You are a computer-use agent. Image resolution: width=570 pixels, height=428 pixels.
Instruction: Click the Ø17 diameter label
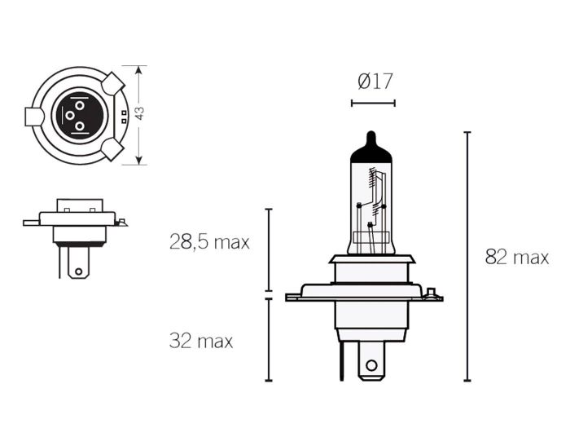(x=375, y=81)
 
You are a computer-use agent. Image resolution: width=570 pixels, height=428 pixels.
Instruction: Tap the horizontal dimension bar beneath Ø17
(x=373, y=103)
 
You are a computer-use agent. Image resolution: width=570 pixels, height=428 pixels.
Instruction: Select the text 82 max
(x=516, y=258)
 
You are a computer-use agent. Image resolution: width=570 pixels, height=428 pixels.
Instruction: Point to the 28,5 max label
(x=209, y=242)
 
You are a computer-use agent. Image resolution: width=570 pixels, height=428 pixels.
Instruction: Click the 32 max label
(x=200, y=341)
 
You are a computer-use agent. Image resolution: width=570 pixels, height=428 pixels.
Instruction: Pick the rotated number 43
(x=139, y=114)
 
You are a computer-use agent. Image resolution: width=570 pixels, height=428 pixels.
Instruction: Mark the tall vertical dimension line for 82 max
(x=467, y=256)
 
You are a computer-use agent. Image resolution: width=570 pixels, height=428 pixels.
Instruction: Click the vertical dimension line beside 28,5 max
(x=269, y=249)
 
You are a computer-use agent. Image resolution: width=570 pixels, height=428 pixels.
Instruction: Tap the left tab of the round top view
(x=34, y=117)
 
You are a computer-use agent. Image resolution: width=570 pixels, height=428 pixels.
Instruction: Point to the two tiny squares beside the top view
(x=123, y=116)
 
